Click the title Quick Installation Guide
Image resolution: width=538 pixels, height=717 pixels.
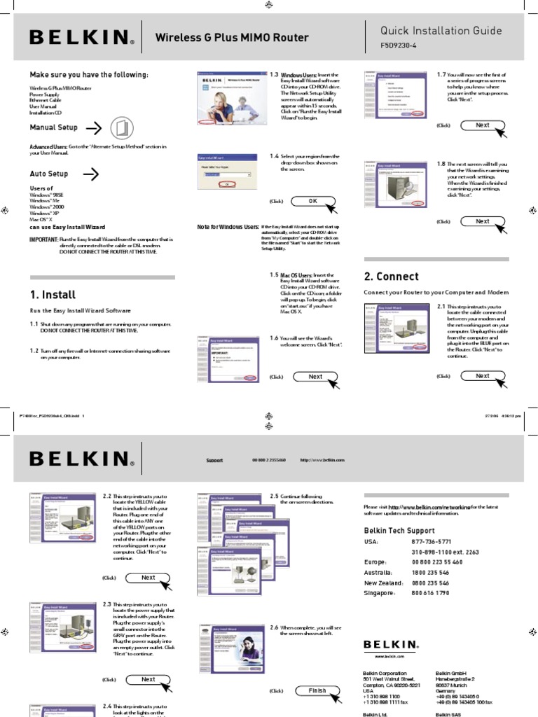pos(441,30)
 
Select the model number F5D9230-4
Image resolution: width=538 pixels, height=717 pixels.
pos(398,48)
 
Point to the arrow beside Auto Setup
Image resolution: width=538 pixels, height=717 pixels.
pos(90,174)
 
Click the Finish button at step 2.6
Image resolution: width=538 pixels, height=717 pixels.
pos(317,690)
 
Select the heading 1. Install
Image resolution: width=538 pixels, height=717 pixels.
pos(53,295)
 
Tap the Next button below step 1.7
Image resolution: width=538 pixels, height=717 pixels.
pos(482,125)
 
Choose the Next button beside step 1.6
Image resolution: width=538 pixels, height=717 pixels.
pos(315,377)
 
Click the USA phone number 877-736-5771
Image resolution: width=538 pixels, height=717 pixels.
pos(431,542)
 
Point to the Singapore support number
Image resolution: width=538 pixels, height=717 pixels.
pos(430,592)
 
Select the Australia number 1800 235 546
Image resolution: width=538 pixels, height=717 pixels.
pos(430,572)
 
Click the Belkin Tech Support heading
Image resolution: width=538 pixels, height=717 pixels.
pos(399,531)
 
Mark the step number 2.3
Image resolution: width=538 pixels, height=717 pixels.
pos(107,604)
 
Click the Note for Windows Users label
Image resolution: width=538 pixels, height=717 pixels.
pos(228,228)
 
